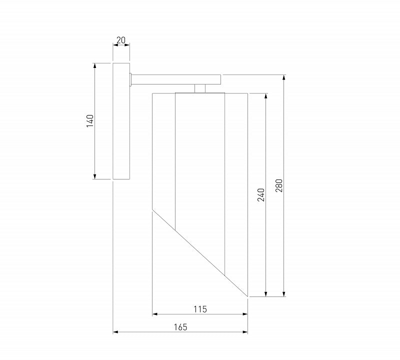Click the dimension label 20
pyautogui.click(x=121, y=40)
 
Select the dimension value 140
pyautogui.click(x=90, y=121)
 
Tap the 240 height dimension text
pyautogui.click(x=261, y=195)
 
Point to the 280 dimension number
pyautogui.click(x=279, y=185)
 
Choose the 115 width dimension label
pyautogui.click(x=200, y=309)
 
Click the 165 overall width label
pyautogui.click(x=180, y=327)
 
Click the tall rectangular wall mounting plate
pyautogui.click(x=121, y=121)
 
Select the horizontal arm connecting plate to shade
pyautogui.click(x=176, y=79)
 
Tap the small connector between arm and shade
pyautogui.click(x=200, y=88)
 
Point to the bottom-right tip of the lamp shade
pyautogui.click(x=247, y=296)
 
